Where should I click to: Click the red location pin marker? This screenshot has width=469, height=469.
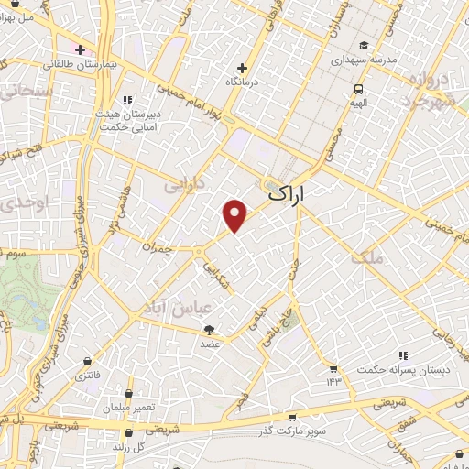point(235,214)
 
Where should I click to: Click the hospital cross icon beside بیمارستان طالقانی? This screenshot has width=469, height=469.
point(81,49)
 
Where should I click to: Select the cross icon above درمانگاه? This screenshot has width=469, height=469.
point(242,67)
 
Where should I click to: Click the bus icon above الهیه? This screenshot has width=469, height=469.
point(358,90)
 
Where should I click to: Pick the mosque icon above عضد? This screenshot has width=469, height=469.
point(210,330)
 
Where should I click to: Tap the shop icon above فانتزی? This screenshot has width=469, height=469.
point(88,361)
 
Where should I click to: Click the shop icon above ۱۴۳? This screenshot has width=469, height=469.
point(333,368)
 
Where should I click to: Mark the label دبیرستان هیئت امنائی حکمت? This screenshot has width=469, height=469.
point(128,122)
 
